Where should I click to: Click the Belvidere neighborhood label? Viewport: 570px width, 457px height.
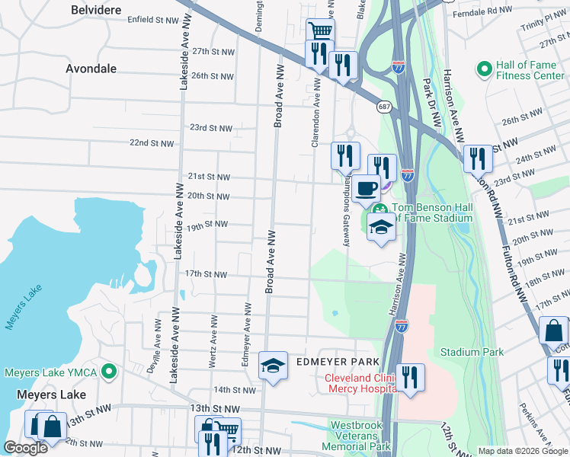97,10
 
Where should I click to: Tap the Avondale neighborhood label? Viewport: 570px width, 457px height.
91,69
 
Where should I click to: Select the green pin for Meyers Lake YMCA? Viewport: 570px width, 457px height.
109,372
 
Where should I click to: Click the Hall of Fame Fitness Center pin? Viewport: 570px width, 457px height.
483,70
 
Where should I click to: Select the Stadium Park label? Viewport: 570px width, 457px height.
472,352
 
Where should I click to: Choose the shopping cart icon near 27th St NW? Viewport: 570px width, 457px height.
320,31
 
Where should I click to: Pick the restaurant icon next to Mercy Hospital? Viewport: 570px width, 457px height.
410,376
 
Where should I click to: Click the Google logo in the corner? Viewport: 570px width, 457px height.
26,448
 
